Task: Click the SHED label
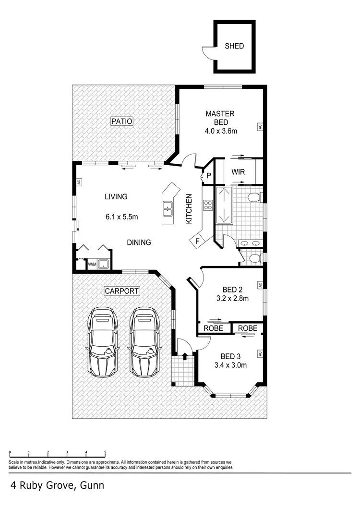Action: [235, 47]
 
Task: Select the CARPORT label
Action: [122, 291]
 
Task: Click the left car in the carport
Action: [103, 342]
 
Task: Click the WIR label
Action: [239, 171]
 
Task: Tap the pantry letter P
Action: [209, 176]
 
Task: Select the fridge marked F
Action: [197, 241]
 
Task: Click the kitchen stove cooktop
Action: [208, 205]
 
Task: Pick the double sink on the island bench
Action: [168, 209]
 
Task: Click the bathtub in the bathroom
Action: [224, 206]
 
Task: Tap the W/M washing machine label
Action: [92, 264]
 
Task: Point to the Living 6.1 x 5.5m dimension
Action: [121, 217]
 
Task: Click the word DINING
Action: [139, 242]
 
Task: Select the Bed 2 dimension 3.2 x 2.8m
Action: [232, 298]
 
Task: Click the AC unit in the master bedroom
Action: [260, 127]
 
